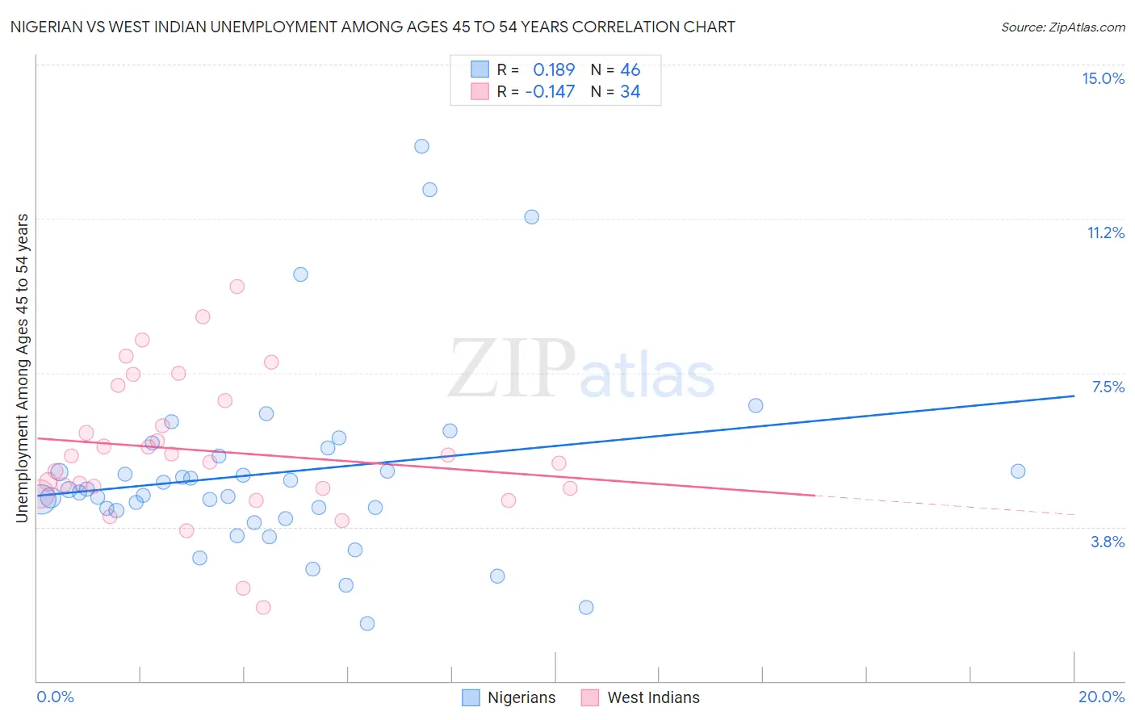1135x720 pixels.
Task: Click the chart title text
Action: (x=372, y=27)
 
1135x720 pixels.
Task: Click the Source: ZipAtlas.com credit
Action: (x=1062, y=27)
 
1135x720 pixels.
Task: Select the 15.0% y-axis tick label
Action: (x=1103, y=78)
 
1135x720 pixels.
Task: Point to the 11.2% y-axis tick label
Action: (x=1105, y=233)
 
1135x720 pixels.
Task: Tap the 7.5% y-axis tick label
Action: (x=1108, y=387)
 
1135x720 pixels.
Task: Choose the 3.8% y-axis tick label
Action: (x=1108, y=542)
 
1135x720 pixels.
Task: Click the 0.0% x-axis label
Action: (x=55, y=697)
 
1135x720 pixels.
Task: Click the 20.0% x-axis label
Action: (x=1101, y=697)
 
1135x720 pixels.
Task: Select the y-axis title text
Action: (x=23, y=368)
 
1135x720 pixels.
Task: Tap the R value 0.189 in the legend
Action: (x=554, y=70)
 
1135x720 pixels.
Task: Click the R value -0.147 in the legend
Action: (x=550, y=92)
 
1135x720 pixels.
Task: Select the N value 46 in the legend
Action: (x=630, y=70)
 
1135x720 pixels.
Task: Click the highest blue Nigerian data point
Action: (x=421, y=146)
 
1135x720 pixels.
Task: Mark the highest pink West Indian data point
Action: (x=237, y=287)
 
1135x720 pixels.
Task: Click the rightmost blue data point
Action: (x=1018, y=471)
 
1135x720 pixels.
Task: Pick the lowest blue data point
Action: (x=367, y=623)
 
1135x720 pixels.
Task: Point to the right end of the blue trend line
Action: (x=1074, y=396)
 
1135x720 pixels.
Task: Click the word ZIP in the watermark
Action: (x=511, y=369)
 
